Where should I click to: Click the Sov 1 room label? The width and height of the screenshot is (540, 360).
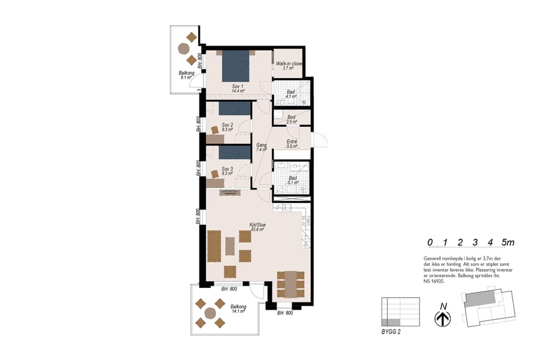click(x=237, y=89)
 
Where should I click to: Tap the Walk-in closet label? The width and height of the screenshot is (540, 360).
click(x=289, y=66)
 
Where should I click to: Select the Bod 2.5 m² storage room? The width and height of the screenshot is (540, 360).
click(x=291, y=119)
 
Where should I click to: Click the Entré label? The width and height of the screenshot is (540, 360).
click(x=292, y=144)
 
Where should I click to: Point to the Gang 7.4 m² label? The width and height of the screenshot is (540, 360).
click(x=261, y=148)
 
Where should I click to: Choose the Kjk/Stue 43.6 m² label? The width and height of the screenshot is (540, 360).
click(x=258, y=227)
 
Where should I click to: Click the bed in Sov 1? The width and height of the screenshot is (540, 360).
click(x=236, y=66)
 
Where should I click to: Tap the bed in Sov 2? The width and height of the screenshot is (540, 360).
click(x=234, y=108)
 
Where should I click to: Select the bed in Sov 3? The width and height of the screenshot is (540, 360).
click(x=234, y=153)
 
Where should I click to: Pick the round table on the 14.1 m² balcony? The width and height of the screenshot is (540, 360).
click(x=210, y=313)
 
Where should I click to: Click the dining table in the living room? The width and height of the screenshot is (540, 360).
click(x=291, y=284)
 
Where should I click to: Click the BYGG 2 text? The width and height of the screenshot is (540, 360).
click(x=391, y=331)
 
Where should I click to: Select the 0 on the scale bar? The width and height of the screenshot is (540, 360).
click(x=430, y=243)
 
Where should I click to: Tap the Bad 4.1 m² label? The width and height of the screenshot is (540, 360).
click(x=290, y=94)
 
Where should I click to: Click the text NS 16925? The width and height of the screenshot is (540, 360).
click(x=435, y=281)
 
